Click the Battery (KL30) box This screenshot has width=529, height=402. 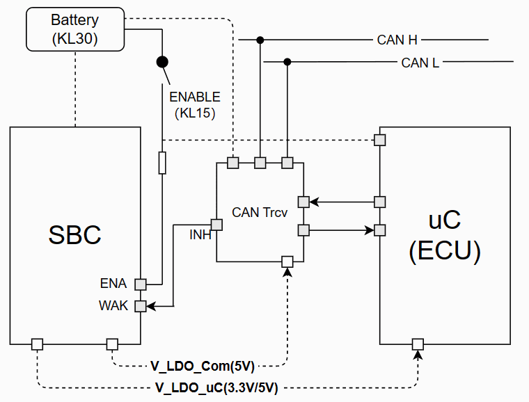click(x=74, y=30)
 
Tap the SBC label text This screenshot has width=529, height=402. click(x=74, y=234)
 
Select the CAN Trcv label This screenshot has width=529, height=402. click(x=260, y=213)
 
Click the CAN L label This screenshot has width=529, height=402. click(x=420, y=63)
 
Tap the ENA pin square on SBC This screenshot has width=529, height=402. click(x=141, y=284)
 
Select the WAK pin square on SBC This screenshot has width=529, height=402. click(x=141, y=306)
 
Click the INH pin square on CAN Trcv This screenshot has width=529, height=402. click(x=216, y=225)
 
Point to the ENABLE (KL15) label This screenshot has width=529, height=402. click(x=194, y=104)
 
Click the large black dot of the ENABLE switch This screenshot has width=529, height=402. click(x=162, y=62)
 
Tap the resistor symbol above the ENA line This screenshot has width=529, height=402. click(x=162, y=163)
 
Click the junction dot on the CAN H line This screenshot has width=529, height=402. click(x=260, y=40)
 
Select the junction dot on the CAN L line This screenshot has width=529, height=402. click(x=287, y=63)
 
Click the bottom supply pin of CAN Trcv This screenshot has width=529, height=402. click(x=287, y=262)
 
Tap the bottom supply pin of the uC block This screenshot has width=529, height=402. click(x=418, y=344)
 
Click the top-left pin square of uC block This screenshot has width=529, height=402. click(x=380, y=140)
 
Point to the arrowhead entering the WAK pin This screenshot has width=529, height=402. click(x=151, y=306)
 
